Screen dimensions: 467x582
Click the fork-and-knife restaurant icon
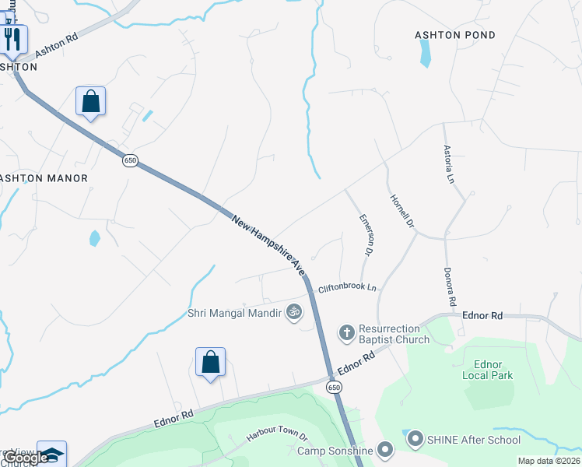[13, 38]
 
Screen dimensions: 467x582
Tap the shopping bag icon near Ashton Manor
[90, 100]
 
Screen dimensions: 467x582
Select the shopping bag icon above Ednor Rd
[210, 362]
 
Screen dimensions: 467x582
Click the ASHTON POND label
[454, 36]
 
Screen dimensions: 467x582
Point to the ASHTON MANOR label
[44, 178]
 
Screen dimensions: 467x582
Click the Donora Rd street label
[449, 286]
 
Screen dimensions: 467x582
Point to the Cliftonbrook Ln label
[347, 288]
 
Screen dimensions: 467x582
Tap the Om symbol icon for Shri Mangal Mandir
[293, 313]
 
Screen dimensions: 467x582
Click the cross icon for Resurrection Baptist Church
[347, 333]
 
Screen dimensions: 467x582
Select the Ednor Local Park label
[494, 370]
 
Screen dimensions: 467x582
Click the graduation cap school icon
[52, 454]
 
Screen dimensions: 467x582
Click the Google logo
[26, 458]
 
